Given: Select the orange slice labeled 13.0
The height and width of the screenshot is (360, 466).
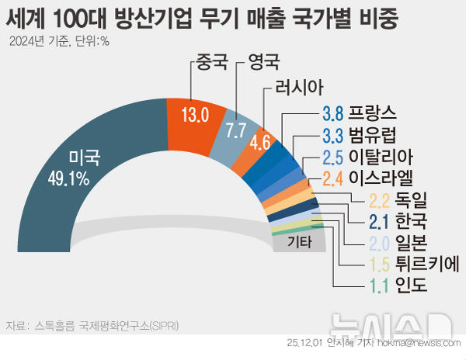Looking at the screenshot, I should [x=194, y=116].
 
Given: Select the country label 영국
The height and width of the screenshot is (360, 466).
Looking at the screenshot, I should [x=263, y=62].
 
